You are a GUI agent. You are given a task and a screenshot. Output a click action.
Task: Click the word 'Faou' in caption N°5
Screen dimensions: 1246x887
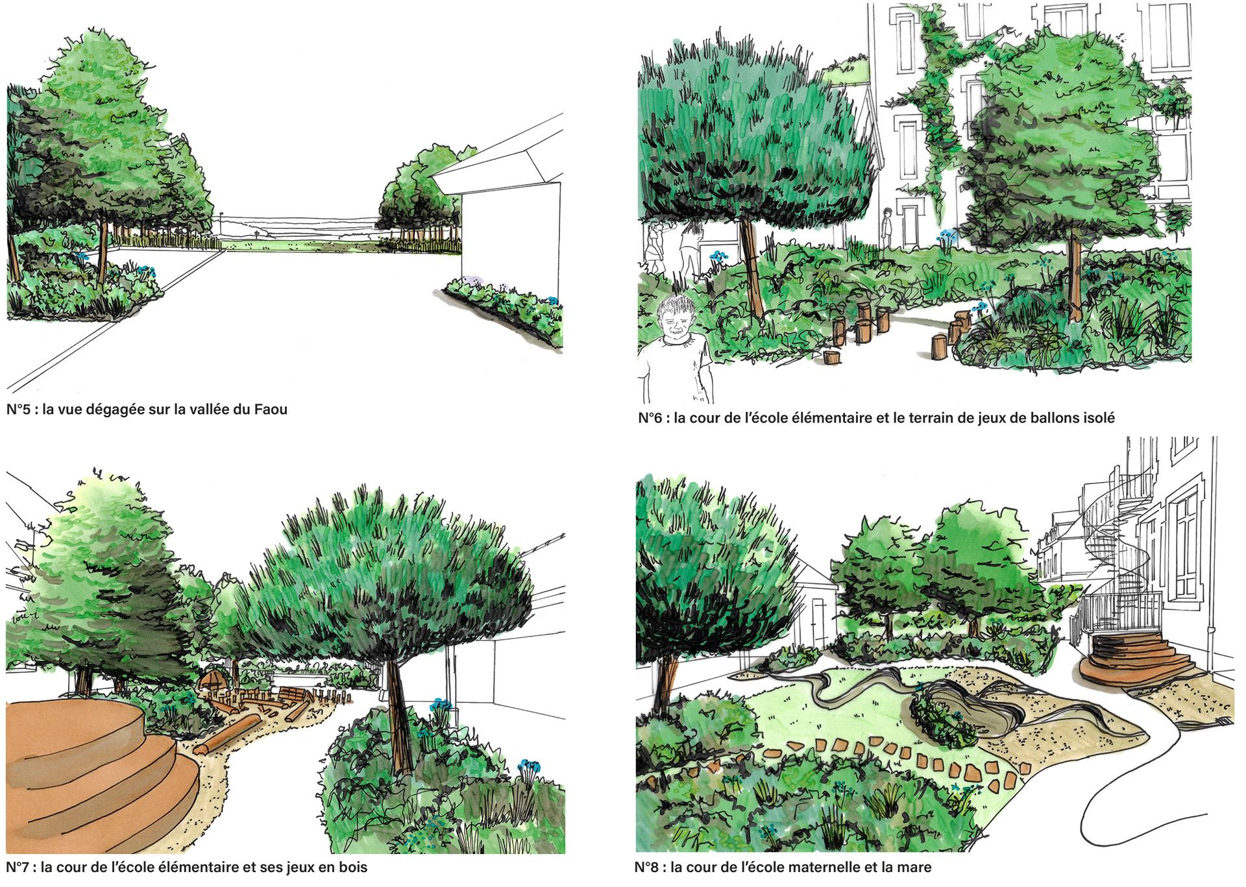(x=271, y=409)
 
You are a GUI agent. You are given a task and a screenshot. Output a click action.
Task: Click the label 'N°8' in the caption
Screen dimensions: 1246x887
(x=648, y=867)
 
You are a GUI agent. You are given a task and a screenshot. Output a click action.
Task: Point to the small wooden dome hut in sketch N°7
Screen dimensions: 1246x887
(x=212, y=685)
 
